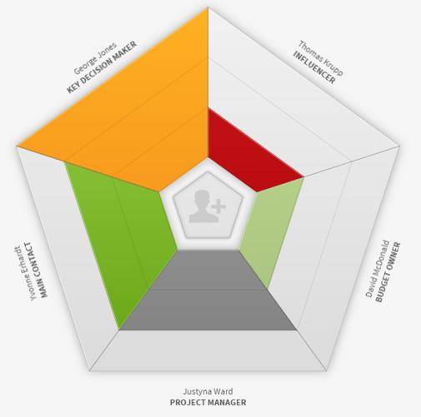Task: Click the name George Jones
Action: tap(95, 58)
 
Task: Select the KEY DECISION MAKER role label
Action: tap(102, 67)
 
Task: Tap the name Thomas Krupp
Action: tap(321, 57)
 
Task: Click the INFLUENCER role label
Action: tap(314, 67)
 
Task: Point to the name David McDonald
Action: tap(378, 269)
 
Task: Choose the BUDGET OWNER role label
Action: tap(388, 272)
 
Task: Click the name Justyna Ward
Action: tap(208, 391)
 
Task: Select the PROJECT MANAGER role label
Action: tap(208, 402)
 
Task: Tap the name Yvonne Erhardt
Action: tap(26, 273)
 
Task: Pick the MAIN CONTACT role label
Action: tap(37, 270)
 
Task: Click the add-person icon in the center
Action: tap(208, 206)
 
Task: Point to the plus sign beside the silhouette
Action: tap(218, 206)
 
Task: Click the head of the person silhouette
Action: tap(202, 197)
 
